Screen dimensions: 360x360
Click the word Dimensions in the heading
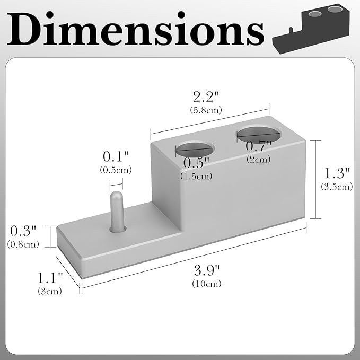(136, 29)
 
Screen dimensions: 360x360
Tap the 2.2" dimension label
(206, 96)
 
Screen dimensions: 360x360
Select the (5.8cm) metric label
(206, 110)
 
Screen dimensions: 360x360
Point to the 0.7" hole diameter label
(258, 146)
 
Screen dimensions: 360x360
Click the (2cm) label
(259, 160)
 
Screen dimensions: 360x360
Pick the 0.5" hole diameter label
(196, 163)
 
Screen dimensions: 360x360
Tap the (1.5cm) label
(196, 176)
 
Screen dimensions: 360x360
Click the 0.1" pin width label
(116, 156)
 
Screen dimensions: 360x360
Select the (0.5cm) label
(116, 170)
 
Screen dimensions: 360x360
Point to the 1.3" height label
(337, 173)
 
